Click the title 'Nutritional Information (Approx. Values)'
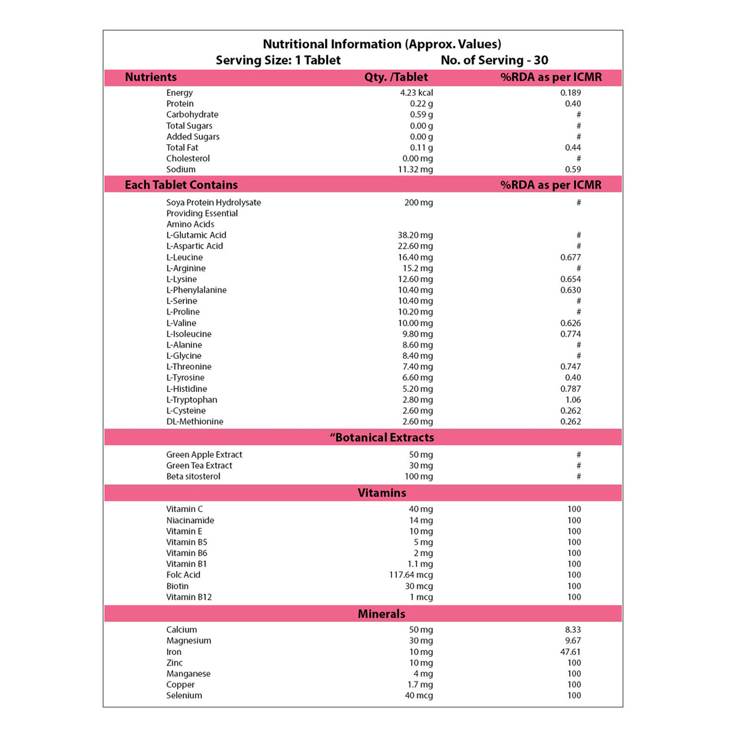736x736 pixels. click(381, 44)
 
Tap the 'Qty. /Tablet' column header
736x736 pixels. click(396, 77)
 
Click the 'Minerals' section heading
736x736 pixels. click(381, 614)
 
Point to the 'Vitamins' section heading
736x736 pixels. click(381, 493)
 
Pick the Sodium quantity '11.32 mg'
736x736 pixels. click(415, 169)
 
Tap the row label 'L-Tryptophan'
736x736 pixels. click(191, 400)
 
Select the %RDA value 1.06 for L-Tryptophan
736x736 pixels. click(573, 400)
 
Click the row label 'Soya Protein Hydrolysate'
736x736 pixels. click(213, 202)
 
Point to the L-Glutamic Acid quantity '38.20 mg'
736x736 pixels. click(415, 235)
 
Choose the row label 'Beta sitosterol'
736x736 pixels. click(193, 477)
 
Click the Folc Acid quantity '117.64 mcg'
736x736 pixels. click(410, 575)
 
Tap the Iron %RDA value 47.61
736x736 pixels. click(570, 652)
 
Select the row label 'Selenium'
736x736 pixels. click(184, 696)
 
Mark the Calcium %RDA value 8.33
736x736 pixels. click(572, 630)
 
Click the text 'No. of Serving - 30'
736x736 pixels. click(494, 60)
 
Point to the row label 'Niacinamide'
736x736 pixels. click(190, 520)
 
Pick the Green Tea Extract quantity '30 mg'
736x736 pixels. click(421, 466)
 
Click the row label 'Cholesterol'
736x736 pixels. click(188, 158)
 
